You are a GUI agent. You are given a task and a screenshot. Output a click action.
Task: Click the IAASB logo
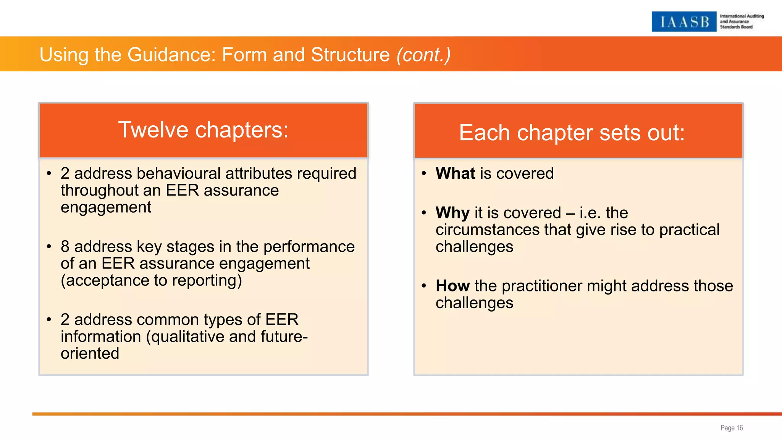[x=683, y=22]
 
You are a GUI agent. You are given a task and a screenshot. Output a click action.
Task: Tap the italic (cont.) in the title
[x=423, y=55]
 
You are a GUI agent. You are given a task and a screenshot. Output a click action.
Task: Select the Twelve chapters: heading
[x=204, y=130]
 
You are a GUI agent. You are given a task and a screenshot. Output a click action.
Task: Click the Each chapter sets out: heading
[x=572, y=133]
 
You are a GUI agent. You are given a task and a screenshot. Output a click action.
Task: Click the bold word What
[x=455, y=173]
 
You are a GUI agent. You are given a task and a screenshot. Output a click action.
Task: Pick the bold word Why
[x=452, y=213]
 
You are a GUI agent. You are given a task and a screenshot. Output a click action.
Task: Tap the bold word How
[x=452, y=286]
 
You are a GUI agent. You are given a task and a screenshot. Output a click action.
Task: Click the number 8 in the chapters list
[x=65, y=247]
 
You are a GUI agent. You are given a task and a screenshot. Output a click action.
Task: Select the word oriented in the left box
[x=90, y=353]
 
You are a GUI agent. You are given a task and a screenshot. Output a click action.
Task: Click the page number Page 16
[x=731, y=428]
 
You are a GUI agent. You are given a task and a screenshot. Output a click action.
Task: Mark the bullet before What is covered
[x=423, y=173]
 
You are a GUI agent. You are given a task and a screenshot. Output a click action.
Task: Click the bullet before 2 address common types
[x=48, y=319]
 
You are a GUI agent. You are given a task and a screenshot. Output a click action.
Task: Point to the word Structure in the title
[x=350, y=55]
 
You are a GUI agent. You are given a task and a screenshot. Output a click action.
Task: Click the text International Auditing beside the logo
[x=742, y=16]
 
